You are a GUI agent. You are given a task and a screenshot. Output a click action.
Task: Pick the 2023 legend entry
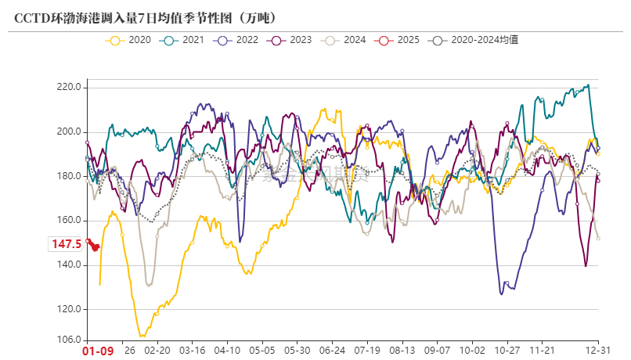(292, 39)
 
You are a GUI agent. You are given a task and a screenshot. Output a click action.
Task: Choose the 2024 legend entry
(346, 39)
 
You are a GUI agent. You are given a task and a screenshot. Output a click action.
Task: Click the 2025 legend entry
(399, 39)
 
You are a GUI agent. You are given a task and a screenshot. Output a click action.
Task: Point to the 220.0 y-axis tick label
(69, 87)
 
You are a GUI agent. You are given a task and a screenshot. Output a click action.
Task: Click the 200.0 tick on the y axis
(69, 131)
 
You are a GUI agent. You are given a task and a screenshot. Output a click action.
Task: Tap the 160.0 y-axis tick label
(69, 221)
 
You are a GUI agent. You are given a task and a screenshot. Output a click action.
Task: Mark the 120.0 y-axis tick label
(69, 309)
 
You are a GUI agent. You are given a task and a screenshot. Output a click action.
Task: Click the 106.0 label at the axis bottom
(69, 340)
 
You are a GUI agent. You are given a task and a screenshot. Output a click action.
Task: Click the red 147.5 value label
(67, 244)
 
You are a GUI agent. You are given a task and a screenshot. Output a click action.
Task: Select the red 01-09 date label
(99, 351)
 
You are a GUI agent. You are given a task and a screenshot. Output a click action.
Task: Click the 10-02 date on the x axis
(472, 351)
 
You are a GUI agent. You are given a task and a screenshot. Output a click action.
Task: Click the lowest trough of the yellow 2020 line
(142, 336)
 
